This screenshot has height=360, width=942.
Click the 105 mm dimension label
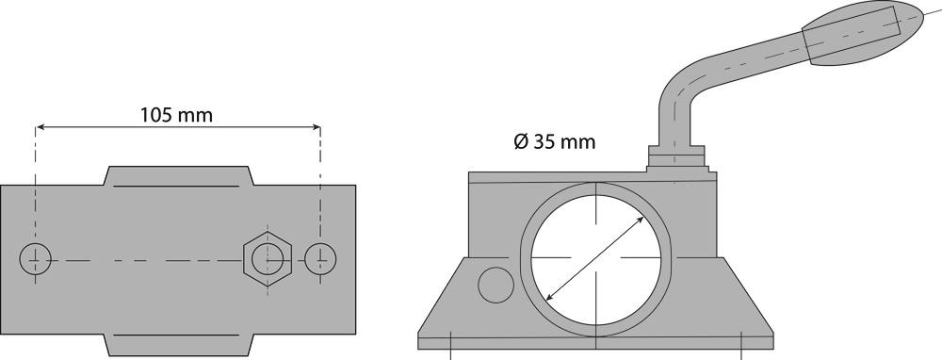coord(177,115)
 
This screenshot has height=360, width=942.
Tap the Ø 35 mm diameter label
coord(555,142)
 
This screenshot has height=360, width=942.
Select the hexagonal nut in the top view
coord(268,259)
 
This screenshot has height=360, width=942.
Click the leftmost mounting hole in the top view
coord(36,259)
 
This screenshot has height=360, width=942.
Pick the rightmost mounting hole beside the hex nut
coord(320,259)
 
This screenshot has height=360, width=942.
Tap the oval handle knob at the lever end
coord(863,33)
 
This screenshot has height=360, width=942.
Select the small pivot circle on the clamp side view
coord(495,285)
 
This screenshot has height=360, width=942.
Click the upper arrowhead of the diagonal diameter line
coord(640,221)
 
